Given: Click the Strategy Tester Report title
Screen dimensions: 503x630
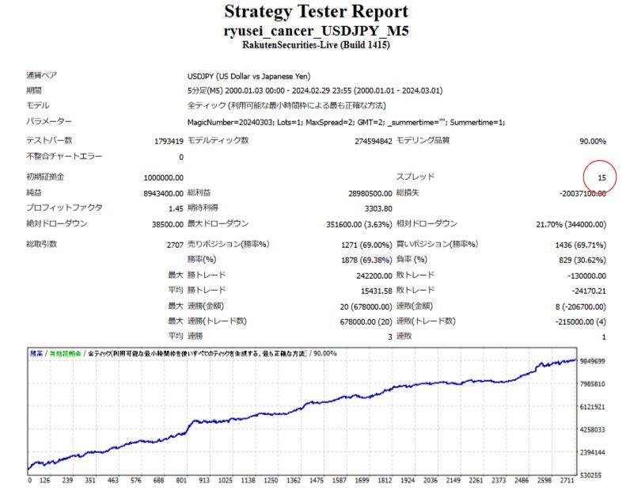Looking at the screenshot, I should pyautogui.click(x=316, y=12).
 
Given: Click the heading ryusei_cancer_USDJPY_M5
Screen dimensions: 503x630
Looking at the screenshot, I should pyautogui.click(x=316, y=30).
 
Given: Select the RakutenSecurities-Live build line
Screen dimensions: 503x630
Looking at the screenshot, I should pyautogui.click(x=316, y=45).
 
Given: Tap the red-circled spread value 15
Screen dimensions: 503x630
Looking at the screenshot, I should pyautogui.click(x=602, y=177).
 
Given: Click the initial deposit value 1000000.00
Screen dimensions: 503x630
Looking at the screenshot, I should pyautogui.click(x=164, y=177).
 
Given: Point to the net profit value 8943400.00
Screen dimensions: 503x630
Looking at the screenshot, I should pyautogui.click(x=164, y=192).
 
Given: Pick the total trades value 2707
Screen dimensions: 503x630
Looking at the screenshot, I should pyautogui.click(x=173, y=245).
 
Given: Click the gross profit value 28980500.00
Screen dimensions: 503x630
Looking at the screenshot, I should pyautogui.click(x=365, y=192).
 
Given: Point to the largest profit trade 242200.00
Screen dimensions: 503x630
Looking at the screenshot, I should pyautogui.click(x=370, y=276).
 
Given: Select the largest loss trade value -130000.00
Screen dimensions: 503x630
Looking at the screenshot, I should pyautogui.click(x=582, y=276).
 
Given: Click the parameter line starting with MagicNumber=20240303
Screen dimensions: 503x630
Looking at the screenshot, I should pyautogui.click(x=346, y=122).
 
